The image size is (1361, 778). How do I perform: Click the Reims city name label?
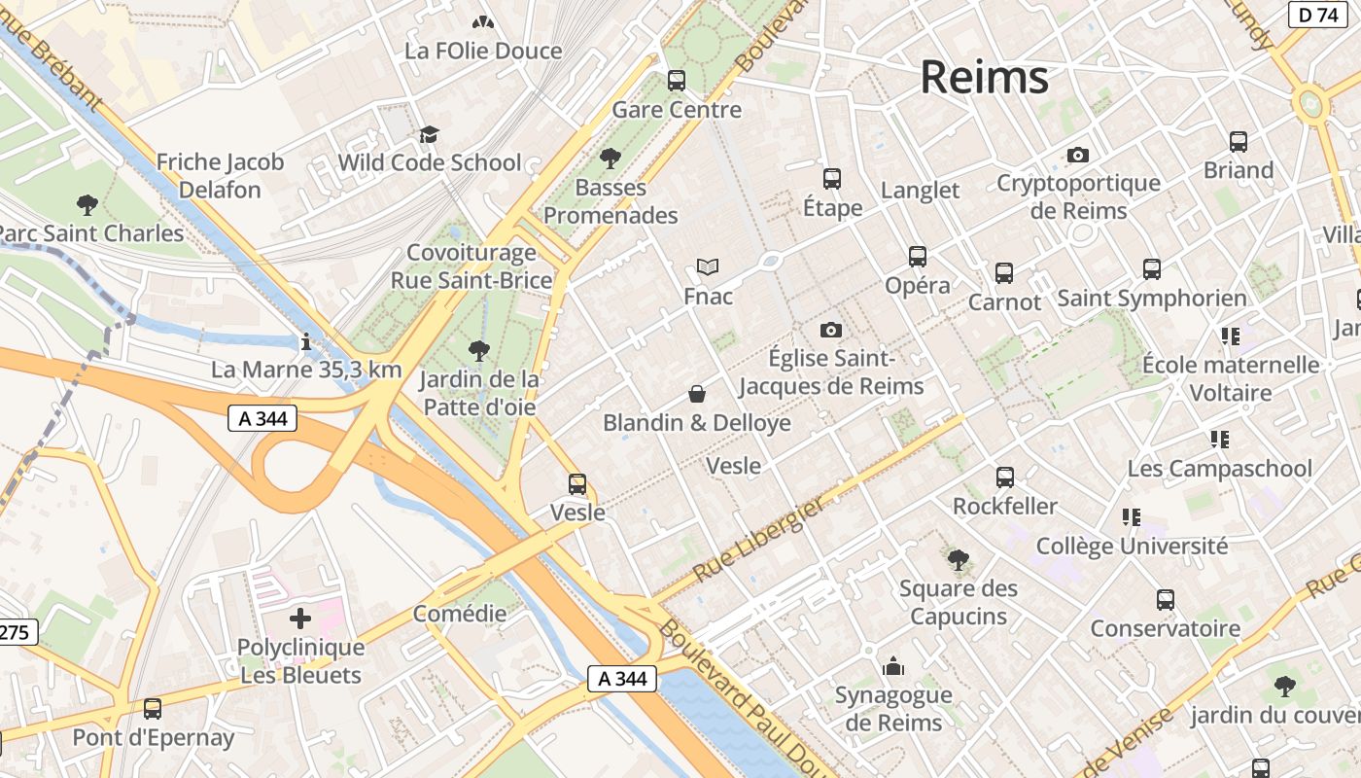(984, 77)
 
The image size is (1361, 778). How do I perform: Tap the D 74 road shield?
(1317, 15)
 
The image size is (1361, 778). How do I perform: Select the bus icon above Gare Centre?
(676, 81)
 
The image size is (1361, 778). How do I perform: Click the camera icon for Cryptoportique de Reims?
(1077, 156)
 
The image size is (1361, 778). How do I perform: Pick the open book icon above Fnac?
(708, 266)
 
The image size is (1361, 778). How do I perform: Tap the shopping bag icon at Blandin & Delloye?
(697, 394)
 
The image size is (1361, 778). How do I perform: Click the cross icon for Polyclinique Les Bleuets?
(300, 618)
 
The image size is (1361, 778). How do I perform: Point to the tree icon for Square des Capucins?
(959, 559)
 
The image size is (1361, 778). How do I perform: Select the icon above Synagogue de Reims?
(892, 666)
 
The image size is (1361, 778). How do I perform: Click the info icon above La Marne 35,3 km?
(306, 341)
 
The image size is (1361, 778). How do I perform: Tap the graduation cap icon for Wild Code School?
(429, 134)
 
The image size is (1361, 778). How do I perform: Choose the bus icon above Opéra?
(918, 257)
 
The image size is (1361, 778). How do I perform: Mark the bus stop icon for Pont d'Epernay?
(153, 709)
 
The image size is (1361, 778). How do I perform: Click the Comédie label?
(460, 614)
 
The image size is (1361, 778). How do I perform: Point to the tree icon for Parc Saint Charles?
(87, 204)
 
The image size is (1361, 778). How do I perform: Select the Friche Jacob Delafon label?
(220, 176)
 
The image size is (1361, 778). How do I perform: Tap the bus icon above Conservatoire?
(1166, 600)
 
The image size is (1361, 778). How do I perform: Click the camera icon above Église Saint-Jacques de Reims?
(830, 331)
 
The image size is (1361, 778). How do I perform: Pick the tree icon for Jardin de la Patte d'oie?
(477, 350)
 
